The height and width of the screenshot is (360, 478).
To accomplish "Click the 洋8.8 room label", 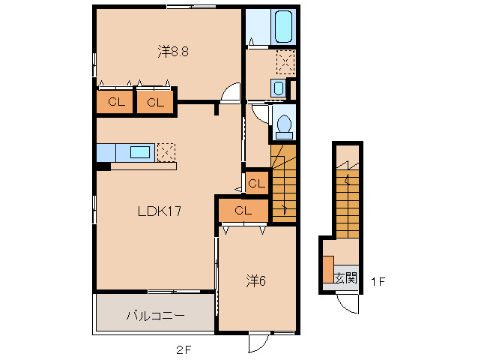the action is (x=173, y=52).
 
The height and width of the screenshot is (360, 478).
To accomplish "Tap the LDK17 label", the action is (x=160, y=211).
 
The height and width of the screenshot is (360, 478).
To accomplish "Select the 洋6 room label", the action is (x=255, y=281).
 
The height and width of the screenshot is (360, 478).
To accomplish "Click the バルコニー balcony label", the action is (x=156, y=315).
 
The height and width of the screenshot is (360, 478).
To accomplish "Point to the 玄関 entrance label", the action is (x=345, y=278).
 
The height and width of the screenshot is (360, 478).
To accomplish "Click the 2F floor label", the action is (x=184, y=350).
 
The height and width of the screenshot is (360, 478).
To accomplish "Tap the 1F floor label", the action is (x=378, y=281).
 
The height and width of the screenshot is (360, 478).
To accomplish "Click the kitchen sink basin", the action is (x=140, y=152).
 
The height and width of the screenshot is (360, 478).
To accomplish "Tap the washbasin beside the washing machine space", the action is (x=278, y=88).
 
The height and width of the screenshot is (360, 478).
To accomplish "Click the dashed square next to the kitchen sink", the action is (x=166, y=152).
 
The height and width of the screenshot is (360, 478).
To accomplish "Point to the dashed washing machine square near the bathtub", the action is (x=285, y=62).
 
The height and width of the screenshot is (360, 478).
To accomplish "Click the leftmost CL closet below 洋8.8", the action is (x=115, y=101).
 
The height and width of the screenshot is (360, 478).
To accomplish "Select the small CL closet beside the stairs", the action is (x=257, y=183).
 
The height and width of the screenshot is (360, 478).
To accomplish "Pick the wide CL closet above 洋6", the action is (x=243, y=211).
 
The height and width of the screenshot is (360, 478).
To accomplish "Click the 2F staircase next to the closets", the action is (x=283, y=183).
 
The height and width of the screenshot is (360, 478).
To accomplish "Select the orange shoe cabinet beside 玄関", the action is (x=328, y=269).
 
